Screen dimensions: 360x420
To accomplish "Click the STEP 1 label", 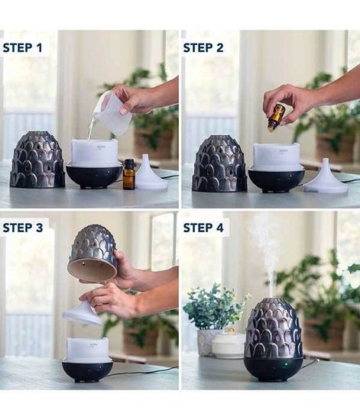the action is click(x=22, y=47).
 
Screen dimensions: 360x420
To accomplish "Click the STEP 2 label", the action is click(x=203, y=47).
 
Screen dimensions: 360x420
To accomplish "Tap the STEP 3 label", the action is click(x=23, y=228).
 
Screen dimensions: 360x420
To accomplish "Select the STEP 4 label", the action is click(x=203, y=228).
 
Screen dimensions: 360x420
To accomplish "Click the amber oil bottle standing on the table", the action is click(x=129, y=175).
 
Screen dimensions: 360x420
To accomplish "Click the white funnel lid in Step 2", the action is click(x=326, y=177).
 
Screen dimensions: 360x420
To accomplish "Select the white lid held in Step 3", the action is click(x=84, y=313).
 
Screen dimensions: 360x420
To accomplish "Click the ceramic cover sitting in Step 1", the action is click(x=37, y=160).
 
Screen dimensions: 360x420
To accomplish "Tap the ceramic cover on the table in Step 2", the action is click(x=220, y=163).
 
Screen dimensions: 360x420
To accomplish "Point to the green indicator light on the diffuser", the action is click(x=286, y=364).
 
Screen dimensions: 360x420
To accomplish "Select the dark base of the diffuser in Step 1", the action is click(x=93, y=177).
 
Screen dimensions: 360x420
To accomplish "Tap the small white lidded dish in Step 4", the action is click(x=227, y=344).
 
